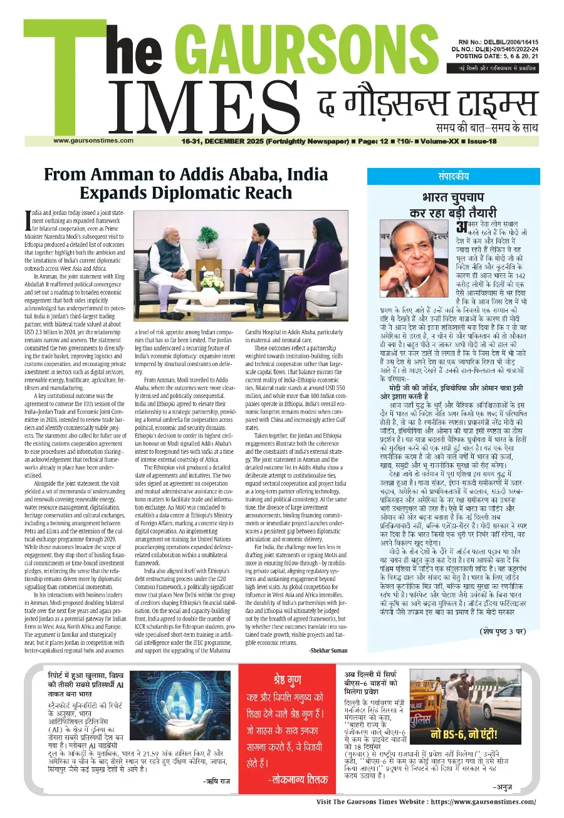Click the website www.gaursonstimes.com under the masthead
(93, 140)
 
